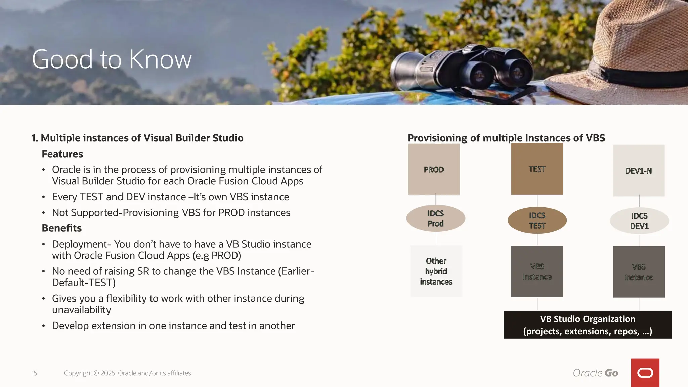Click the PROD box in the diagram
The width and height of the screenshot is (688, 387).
tap(434, 169)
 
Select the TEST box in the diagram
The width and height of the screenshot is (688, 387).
tap(537, 169)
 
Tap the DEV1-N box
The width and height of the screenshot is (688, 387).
tap(639, 171)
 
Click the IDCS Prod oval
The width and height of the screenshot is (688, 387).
tap(436, 218)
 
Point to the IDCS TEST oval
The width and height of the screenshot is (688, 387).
tap(537, 220)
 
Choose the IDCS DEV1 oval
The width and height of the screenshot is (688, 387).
tap(639, 221)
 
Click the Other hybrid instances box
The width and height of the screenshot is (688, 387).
tap(436, 271)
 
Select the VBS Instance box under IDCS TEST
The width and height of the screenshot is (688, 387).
tap(537, 271)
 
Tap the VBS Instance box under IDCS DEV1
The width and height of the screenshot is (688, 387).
tap(639, 272)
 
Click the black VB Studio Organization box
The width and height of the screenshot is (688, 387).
tap(588, 325)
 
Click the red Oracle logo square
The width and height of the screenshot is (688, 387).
tap(645, 373)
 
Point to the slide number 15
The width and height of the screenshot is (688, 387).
tap(34, 373)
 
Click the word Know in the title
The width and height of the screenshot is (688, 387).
tap(160, 59)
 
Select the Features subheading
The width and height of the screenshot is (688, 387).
tap(62, 154)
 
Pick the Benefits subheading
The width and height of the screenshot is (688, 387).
tap(62, 228)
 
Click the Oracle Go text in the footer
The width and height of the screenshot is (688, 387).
tap(595, 373)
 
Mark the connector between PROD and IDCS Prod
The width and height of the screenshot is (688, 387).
tap(436, 200)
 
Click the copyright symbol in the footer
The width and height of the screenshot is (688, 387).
tap(96, 373)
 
